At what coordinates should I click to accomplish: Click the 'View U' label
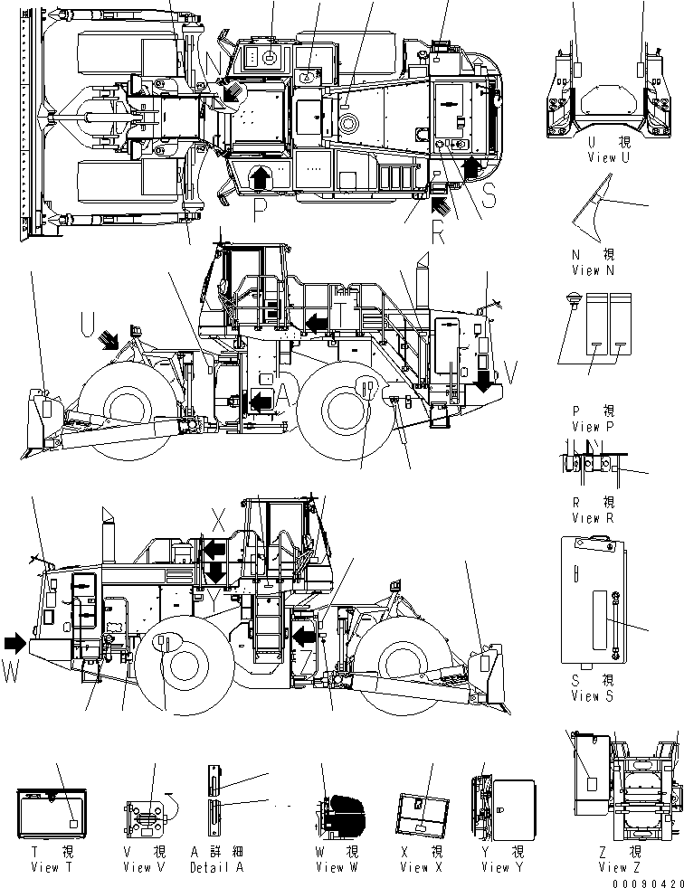tap(601, 158)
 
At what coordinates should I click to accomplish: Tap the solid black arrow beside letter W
tap(15, 643)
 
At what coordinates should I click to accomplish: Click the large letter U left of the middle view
tap(87, 321)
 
